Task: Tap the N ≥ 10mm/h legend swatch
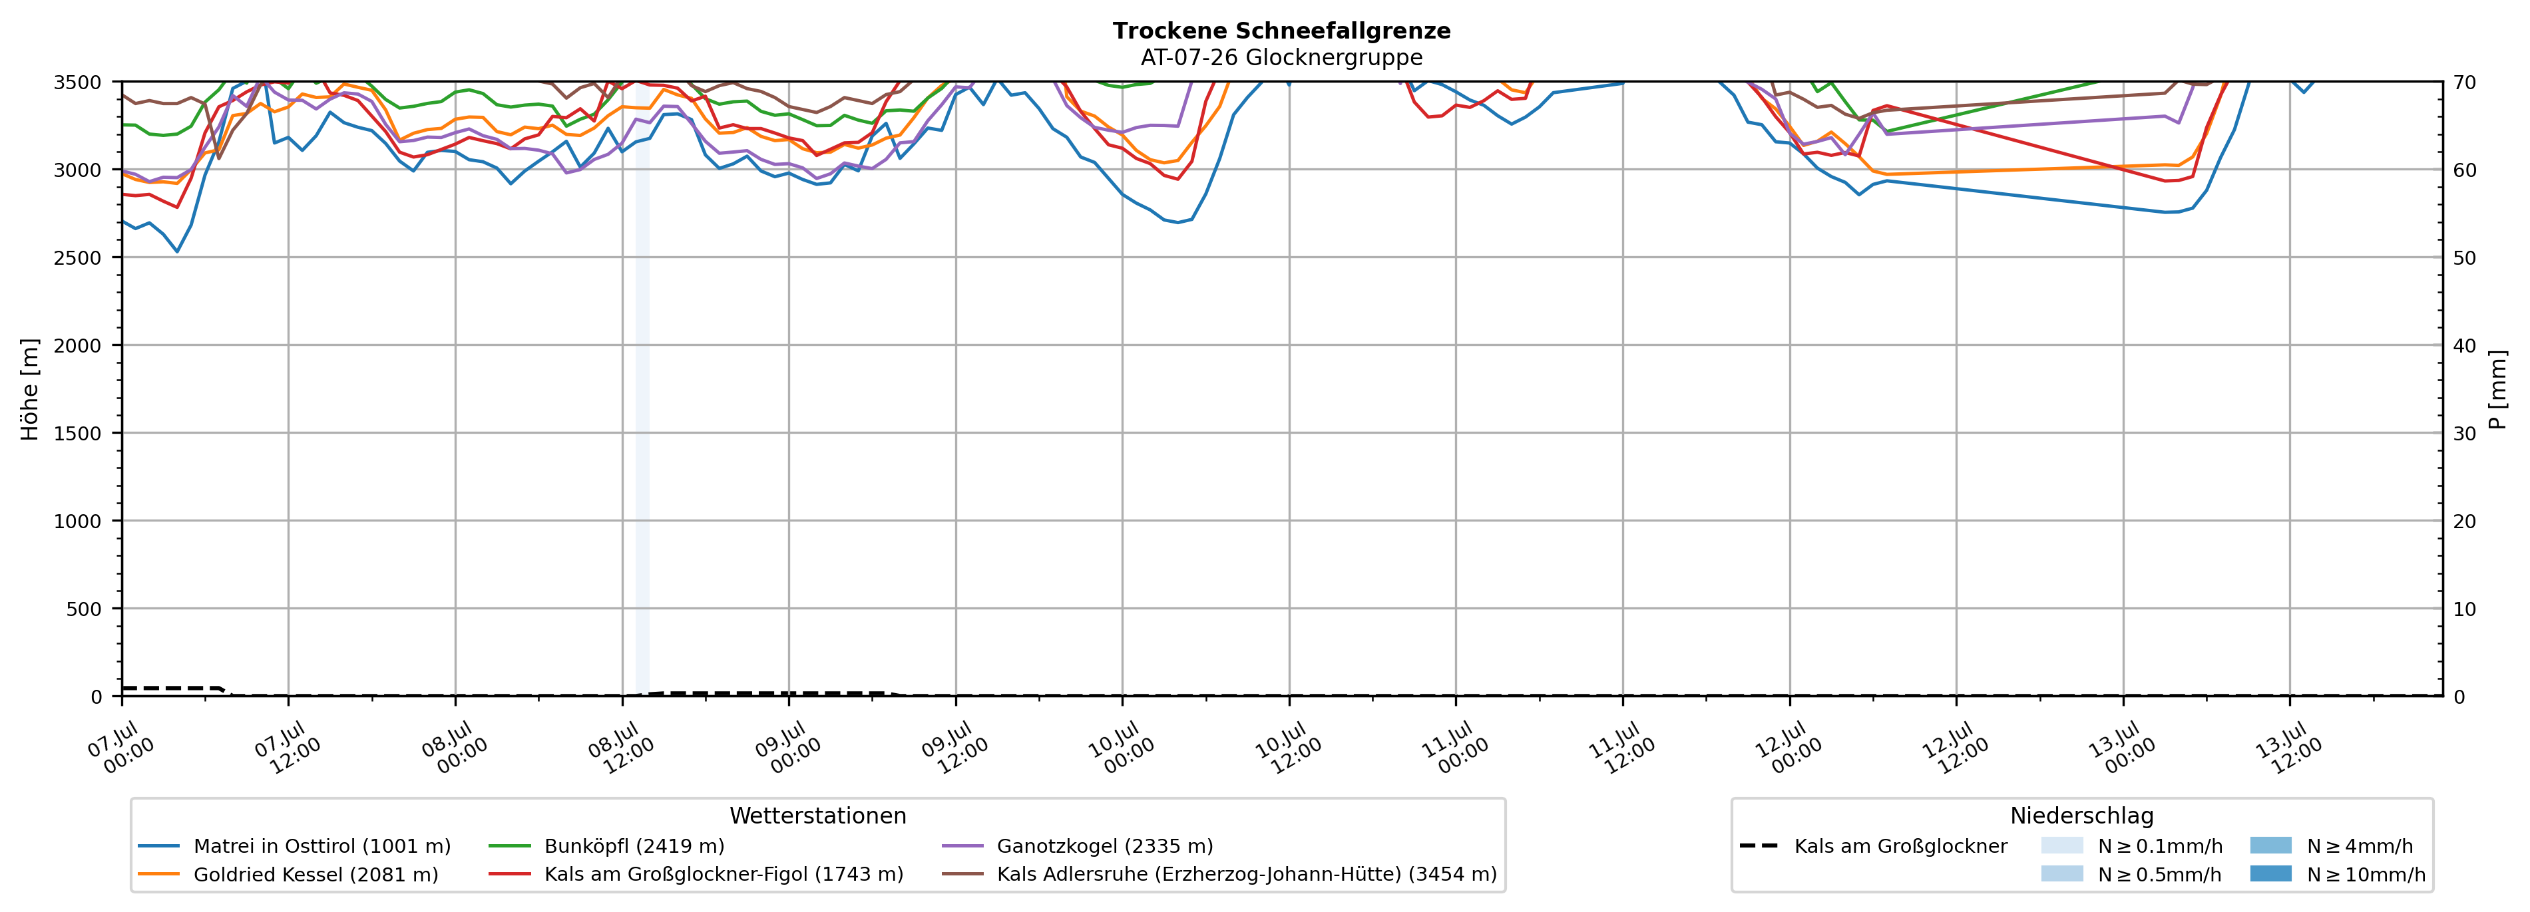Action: click(2270, 873)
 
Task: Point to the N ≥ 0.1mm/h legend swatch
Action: click(2061, 845)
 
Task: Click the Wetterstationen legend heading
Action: click(818, 816)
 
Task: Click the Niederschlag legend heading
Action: click(2082, 816)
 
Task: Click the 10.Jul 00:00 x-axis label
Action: click(1123, 748)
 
